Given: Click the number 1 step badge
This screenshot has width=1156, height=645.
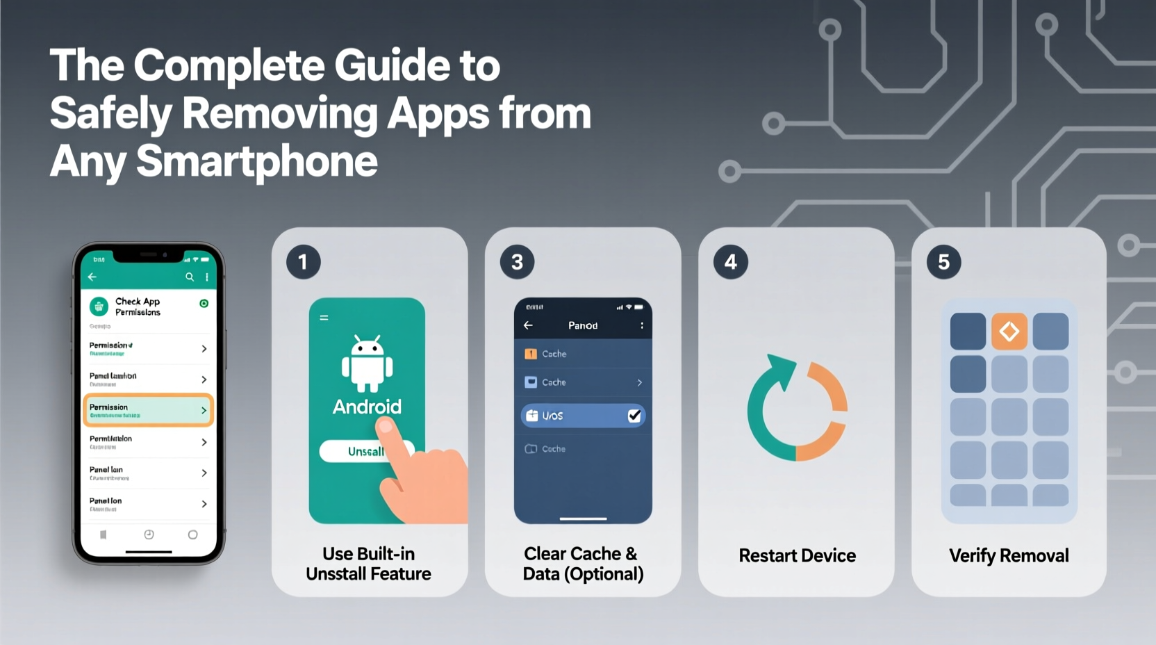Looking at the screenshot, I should pyautogui.click(x=303, y=262).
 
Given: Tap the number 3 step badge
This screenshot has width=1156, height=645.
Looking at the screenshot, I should pyautogui.click(x=517, y=262).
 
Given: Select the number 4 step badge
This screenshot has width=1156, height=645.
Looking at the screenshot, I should pyautogui.click(x=730, y=262).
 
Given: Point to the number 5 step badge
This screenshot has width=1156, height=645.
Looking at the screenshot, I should pyautogui.click(x=943, y=262).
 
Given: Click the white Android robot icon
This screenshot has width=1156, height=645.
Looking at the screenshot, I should pyautogui.click(x=367, y=364).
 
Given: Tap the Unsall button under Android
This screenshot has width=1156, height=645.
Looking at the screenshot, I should pyautogui.click(x=366, y=452).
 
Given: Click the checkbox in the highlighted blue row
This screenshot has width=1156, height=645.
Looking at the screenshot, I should pyautogui.click(x=634, y=416).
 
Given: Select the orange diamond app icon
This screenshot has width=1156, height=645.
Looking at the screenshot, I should pyautogui.click(x=1009, y=331).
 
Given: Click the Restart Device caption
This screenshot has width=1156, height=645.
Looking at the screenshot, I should pyautogui.click(x=797, y=555).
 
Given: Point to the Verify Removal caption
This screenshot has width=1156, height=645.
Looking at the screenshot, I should pyautogui.click(x=1009, y=555).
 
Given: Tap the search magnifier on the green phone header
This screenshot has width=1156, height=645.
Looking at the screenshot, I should pyautogui.click(x=190, y=277).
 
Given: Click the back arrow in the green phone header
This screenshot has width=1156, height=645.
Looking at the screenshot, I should pyautogui.click(x=92, y=277).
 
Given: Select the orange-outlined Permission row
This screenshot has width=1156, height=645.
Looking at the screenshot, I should pyautogui.click(x=148, y=410).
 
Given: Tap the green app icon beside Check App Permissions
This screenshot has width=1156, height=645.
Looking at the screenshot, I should pyautogui.click(x=99, y=306).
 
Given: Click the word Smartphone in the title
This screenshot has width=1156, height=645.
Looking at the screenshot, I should pyautogui.click(x=257, y=161).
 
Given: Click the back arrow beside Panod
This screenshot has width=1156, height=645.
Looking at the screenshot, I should pyautogui.click(x=528, y=325).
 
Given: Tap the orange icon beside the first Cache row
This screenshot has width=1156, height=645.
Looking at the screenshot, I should pyautogui.click(x=531, y=354).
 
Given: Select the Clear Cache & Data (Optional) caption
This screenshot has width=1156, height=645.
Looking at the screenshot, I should pyautogui.click(x=583, y=564).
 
